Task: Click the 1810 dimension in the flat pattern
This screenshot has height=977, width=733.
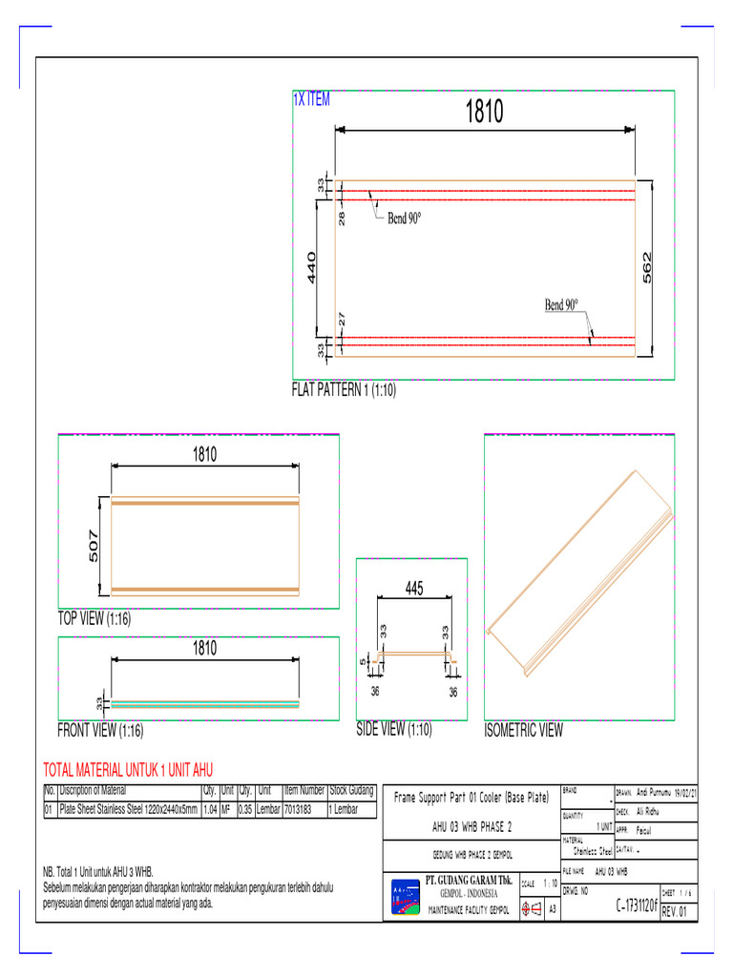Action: [484, 113]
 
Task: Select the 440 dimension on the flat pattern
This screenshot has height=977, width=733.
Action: [311, 268]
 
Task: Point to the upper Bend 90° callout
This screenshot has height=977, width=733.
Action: [404, 218]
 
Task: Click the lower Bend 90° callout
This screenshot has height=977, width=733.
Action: [562, 305]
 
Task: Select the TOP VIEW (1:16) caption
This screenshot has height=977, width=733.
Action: [94, 619]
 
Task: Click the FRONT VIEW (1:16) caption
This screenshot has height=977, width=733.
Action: [100, 731]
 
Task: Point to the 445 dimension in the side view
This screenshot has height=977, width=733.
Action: [413, 590]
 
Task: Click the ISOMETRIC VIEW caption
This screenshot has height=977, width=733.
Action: [524, 731]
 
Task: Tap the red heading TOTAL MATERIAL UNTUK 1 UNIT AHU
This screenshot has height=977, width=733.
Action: [129, 770]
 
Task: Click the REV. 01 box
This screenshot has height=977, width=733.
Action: [680, 911]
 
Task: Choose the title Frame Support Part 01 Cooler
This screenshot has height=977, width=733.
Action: [471, 796]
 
